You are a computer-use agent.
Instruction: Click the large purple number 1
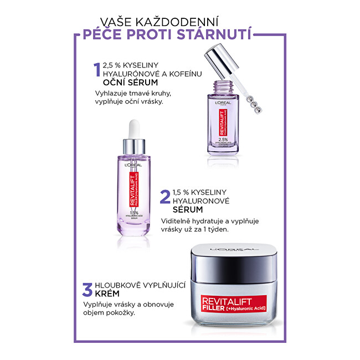pos(98,71)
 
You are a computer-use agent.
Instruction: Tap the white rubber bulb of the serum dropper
pos(133,129)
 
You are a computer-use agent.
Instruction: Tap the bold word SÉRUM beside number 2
pos(188,210)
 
